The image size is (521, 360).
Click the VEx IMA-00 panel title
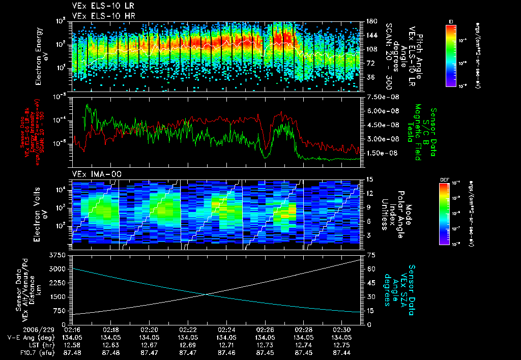point(93,174)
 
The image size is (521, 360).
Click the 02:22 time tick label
point(189,330)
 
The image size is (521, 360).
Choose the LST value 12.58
point(73,344)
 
